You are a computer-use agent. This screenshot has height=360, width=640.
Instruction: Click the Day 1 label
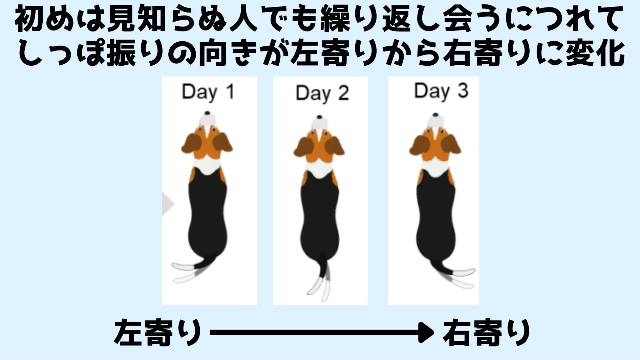[208, 92]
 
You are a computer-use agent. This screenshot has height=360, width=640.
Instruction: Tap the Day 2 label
[322, 93]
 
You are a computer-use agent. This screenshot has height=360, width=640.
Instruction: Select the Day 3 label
[441, 91]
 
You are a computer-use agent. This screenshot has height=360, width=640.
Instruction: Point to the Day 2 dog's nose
[319, 117]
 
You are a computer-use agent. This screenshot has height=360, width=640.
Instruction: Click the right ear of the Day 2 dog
[335, 146]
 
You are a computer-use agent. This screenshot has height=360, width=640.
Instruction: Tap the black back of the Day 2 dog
[320, 217]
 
